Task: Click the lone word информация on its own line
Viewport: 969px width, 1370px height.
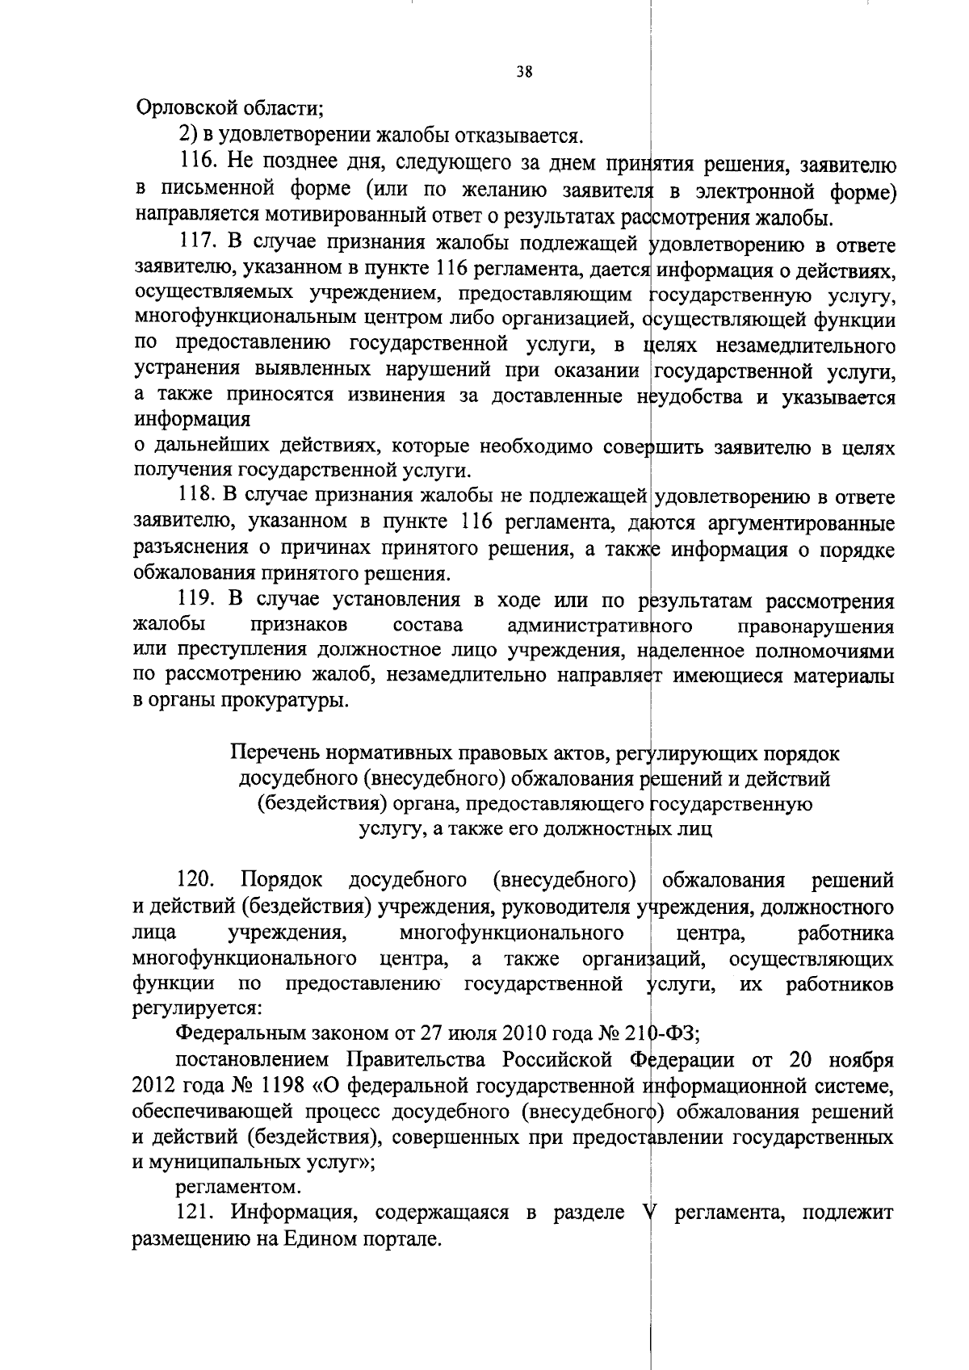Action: point(191,420)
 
